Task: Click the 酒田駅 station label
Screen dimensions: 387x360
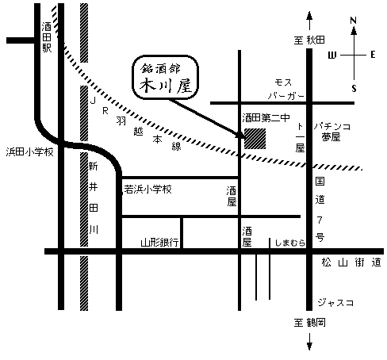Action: [47, 37]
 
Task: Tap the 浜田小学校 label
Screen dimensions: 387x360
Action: [30, 152]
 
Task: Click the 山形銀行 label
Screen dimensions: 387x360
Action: [159, 243]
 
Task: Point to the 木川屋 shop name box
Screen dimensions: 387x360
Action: [165, 78]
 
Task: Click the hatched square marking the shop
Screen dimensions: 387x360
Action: [255, 139]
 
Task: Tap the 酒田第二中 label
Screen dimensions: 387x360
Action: [266, 117]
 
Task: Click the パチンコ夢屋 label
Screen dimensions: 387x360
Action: [332, 132]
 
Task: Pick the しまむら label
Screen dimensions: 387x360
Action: [290, 243]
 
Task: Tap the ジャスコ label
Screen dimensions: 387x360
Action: [335, 302]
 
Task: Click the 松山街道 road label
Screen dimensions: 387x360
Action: [351, 262]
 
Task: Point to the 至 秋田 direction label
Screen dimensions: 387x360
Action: [309, 40]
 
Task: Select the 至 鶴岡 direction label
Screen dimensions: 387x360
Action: [309, 323]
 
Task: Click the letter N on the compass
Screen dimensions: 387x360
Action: [354, 21]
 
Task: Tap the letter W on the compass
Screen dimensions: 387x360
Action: [332, 56]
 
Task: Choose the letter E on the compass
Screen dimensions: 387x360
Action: [373, 55]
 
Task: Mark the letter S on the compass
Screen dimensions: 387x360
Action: [354, 88]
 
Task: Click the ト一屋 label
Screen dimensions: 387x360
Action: [300, 138]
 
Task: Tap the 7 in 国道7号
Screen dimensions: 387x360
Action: [320, 220]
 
